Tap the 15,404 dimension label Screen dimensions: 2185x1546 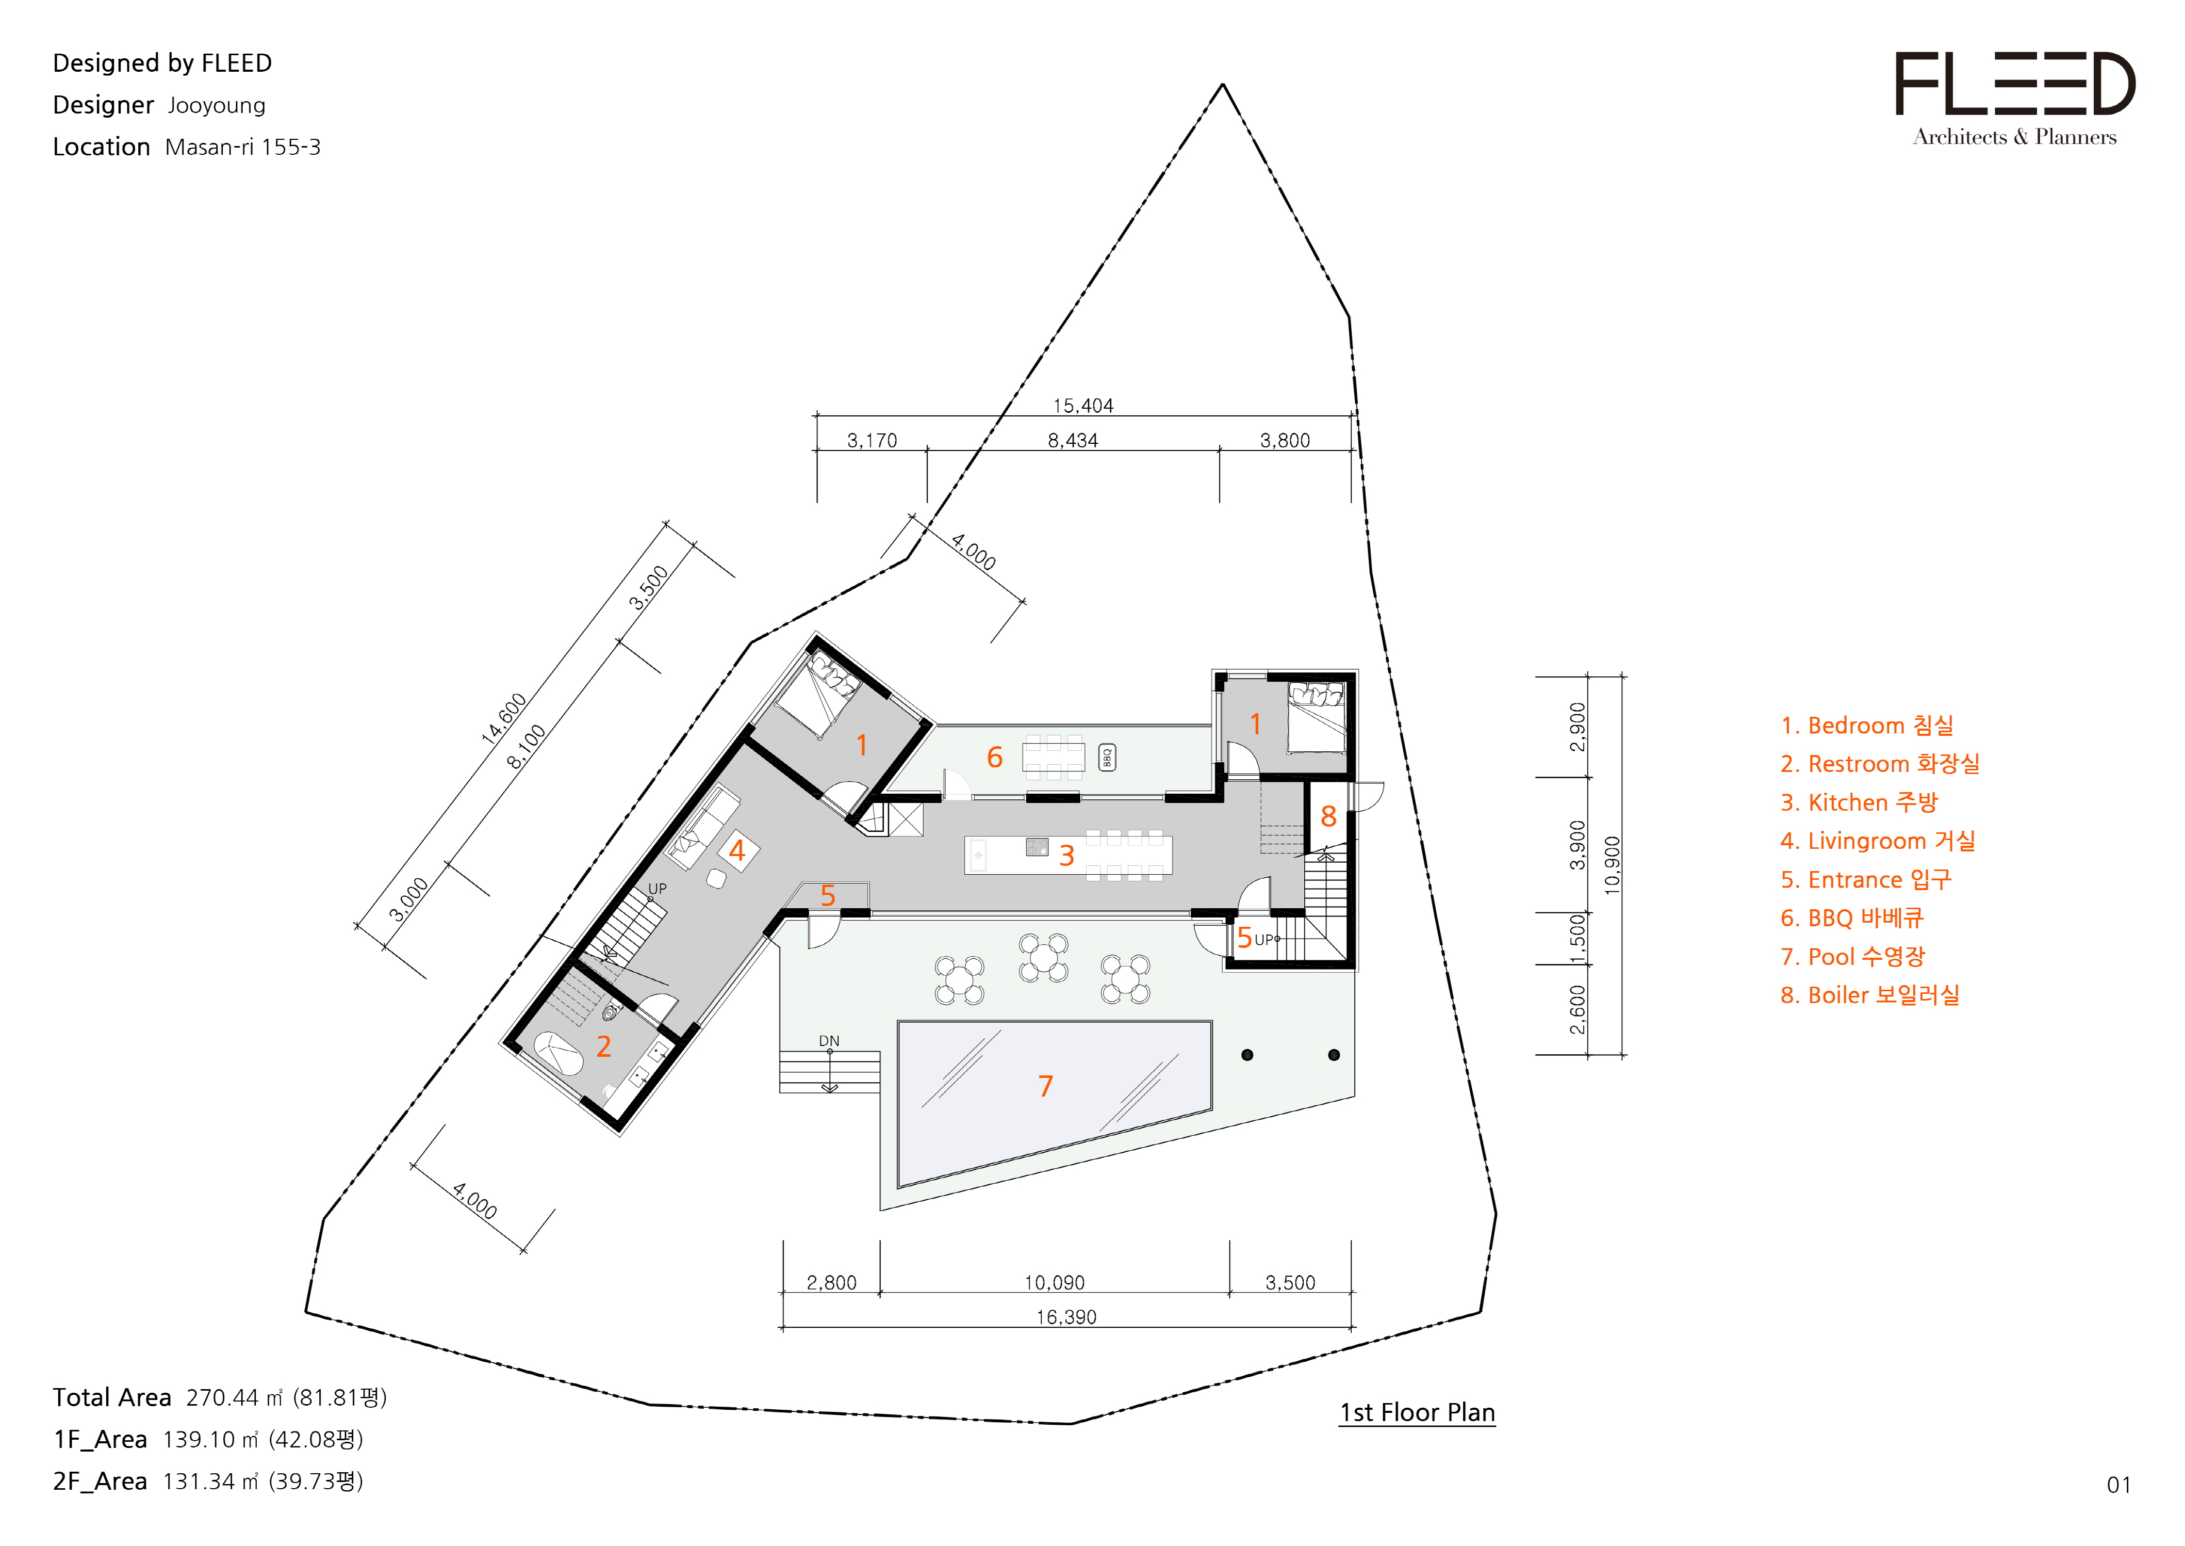click(x=1083, y=406)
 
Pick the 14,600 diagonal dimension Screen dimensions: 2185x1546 click(x=503, y=719)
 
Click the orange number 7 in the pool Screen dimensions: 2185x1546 click(x=1046, y=1086)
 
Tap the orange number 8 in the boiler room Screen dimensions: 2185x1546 click(x=1328, y=816)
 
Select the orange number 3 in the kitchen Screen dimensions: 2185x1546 click(x=1067, y=855)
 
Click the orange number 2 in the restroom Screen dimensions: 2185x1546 click(x=603, y=1046)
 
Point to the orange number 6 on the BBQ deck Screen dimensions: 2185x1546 click(x=994, y=757)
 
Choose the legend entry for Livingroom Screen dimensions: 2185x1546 click(x=1878, y=841)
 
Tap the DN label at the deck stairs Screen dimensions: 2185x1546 click(x=829, y=1040)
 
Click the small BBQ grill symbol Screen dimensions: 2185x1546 click(x=1107, y=757)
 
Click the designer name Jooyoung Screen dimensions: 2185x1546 click(x=217, y=105)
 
